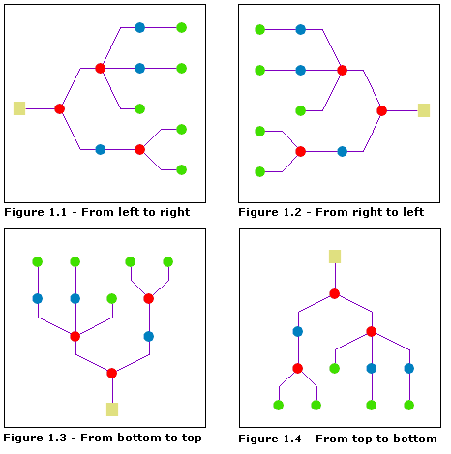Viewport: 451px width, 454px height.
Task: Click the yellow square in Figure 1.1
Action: coord(19,108)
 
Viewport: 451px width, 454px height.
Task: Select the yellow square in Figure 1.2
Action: coord(423,110)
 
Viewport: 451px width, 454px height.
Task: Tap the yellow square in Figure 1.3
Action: coord(112,409)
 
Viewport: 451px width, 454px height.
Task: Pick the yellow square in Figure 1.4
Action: coord(335,256)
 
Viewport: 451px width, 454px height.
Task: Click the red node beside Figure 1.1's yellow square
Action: coord(59,108)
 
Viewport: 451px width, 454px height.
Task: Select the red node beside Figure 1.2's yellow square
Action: coord(382,110)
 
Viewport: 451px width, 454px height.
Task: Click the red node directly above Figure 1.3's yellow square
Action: coord(112,373)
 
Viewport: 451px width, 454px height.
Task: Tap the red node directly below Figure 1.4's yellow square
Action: coord(335,293)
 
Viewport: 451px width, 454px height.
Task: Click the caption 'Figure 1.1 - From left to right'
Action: coord(97,212)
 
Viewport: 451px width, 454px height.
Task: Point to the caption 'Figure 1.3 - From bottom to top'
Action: coord(103,437)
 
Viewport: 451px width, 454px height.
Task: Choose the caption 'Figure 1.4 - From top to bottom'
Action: coord(337,439)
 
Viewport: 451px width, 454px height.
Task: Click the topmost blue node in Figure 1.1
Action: coord(140,27)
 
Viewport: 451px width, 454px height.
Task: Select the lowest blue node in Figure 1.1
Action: coord(100,149)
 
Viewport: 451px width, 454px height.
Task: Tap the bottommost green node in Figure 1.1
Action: coord(181,169)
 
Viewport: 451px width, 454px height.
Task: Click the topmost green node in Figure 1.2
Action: coord(259,29)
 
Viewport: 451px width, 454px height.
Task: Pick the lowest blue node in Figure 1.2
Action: coord(342,151)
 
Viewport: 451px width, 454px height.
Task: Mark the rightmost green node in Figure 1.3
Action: coord(167,261)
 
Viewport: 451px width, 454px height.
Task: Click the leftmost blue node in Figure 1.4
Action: coord(297,331)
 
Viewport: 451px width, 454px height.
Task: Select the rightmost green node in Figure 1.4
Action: coord(408,405)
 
